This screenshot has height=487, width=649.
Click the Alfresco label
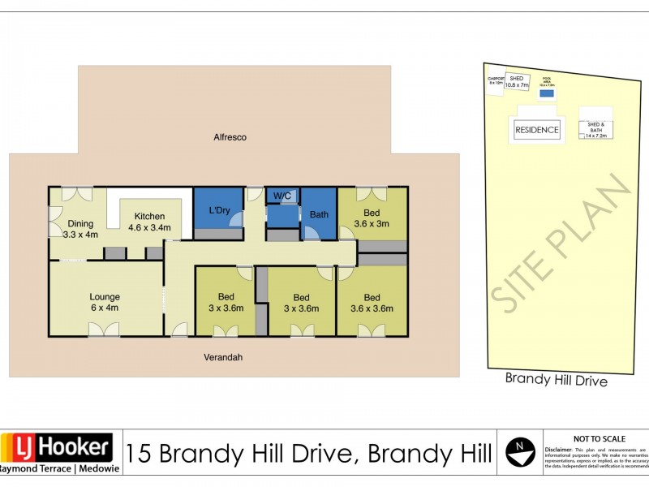click(230, 137)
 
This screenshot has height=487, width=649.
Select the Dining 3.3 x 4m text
click(80, 229)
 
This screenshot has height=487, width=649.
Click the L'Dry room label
click(219, 211)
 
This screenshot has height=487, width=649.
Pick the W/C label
click(282, 196)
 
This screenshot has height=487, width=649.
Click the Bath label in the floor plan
click(318, 215)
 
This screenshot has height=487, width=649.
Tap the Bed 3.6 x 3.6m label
click(372, 303)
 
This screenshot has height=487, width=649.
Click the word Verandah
click(223, 357)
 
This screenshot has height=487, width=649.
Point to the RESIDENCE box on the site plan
click(537, 130)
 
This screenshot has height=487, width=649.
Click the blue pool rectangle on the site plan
click(548, 93)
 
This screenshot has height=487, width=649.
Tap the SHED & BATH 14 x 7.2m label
click(596, 131)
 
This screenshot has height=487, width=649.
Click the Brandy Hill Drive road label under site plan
click(556, 379)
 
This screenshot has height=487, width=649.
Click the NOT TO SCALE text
click(595, 437)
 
